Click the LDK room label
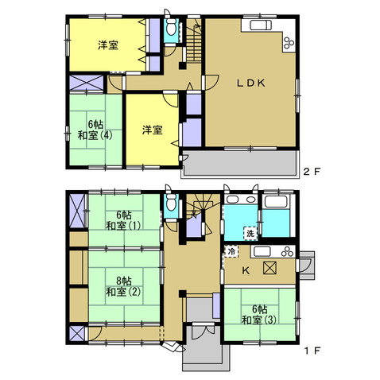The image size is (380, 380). click(250, 83)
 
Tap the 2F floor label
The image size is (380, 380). click(312, 172)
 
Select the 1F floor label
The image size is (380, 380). click(312, 351)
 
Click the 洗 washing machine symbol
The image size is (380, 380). click(250, 234)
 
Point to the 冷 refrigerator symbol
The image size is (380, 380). click(231, 251)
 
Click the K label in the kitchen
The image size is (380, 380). click(246, 270)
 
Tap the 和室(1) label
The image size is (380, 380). click(123, 226)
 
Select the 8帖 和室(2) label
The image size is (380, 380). click(123, 286)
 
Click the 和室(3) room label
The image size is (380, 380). click(259, 320)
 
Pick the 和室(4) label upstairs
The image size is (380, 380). click(95, 135)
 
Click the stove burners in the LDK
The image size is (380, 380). click(289, 42)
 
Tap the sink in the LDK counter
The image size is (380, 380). click(261, 25)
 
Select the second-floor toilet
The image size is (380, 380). click(171, 26)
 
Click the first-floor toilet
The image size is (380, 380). click(171, 203)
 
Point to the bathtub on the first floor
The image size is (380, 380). click(276, 202)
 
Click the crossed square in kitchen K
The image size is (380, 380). click(269, 268)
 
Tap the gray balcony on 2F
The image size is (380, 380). click(239, 163)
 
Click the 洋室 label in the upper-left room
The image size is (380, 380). click(108, 45)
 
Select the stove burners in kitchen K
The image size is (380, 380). click(288, 252)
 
